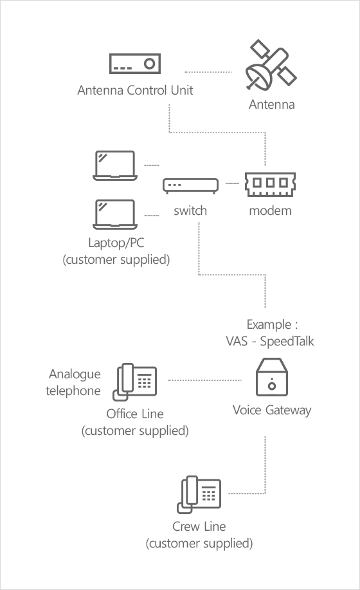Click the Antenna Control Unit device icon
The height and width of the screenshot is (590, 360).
[135, 64]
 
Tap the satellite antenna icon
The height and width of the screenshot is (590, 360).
[271, 65]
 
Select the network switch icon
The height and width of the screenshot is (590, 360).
[190, 186]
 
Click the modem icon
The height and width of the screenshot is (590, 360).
[270, 185]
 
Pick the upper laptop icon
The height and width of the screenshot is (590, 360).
[115, 165]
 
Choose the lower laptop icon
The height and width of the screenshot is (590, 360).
[115, 214]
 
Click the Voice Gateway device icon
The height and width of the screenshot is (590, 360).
[272, 377]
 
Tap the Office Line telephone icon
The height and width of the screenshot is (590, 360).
[134, 382]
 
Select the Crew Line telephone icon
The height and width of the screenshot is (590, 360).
[199, 494]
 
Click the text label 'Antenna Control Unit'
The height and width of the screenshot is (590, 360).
[135, 90]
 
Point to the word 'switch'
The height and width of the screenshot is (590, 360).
[190, 210]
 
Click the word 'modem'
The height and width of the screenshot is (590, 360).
[270, 211]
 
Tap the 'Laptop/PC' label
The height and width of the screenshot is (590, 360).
[116, 243]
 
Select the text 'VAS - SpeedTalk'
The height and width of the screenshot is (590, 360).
[270, 341]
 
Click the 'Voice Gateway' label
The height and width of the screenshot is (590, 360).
[272, 410]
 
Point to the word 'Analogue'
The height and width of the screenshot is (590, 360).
[75, 374]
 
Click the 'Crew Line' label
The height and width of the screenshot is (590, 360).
[199, 526]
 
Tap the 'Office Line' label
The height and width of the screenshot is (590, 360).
[135, 414]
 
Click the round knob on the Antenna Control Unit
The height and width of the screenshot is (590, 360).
[150, 64]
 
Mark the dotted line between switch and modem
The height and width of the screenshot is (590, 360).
[232, 183]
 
